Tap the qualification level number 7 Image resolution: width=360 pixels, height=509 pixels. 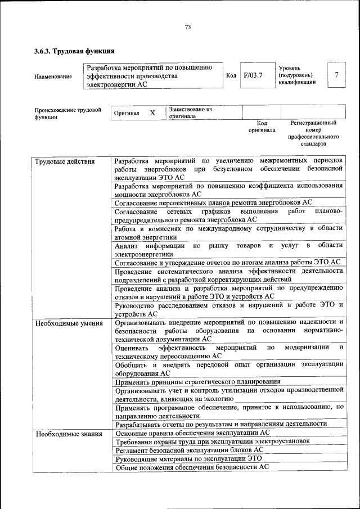[336, 75]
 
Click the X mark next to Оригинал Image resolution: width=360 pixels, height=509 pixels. [152, 112]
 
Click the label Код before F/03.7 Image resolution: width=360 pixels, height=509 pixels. [231, 75]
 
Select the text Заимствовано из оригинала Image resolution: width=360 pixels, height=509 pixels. [190, 112]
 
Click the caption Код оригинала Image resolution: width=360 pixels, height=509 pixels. [262, 126]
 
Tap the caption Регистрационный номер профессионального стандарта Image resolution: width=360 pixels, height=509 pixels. [313, 133]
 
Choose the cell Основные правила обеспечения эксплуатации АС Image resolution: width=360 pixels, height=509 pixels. [192, 433]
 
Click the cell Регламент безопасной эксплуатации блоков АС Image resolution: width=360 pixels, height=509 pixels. [188, 450]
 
